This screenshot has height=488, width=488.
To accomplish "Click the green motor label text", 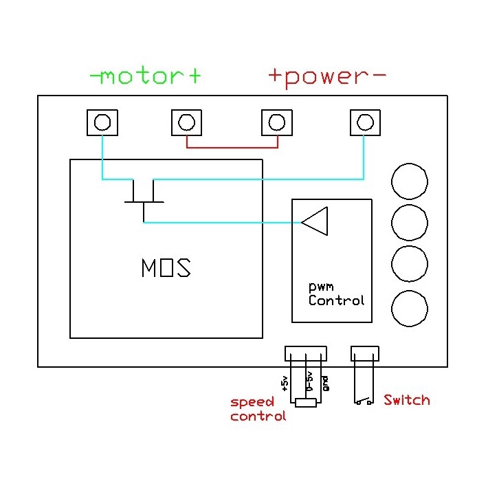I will coord(146,76).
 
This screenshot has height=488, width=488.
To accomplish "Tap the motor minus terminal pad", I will coord(102,122).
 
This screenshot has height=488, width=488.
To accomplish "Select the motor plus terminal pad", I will coord(186,122).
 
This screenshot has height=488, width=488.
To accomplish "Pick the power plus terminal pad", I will coord(276,122).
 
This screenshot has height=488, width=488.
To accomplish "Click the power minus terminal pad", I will coord(364,122).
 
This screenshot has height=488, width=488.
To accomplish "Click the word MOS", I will coord(165,267).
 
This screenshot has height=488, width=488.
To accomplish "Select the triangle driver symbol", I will coord(315,221).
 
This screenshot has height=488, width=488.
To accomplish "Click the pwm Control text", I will coord(335,294).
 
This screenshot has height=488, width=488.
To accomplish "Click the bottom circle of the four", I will coord(409,308).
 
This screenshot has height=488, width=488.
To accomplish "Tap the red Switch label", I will coord(406,400).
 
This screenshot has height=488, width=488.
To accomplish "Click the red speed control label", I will coord(257,409).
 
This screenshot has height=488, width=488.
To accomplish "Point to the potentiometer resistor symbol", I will coord(305,402).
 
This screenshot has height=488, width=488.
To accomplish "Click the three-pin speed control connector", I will coord(305,353).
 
